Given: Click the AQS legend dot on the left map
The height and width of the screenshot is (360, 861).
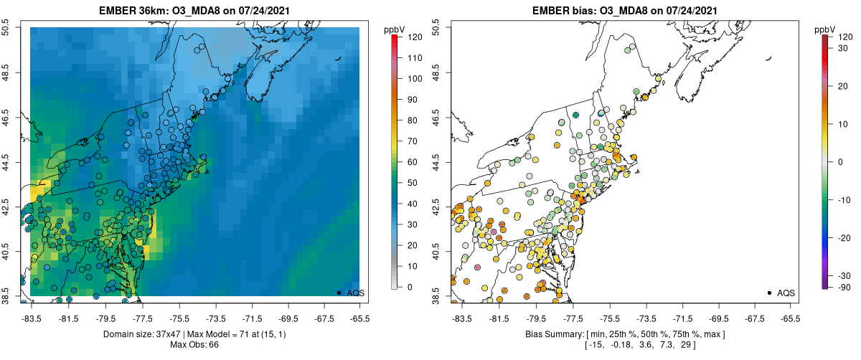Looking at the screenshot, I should (x=339, y=293).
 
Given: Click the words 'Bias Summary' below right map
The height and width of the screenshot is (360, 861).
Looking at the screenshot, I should (x=549, y=334).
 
